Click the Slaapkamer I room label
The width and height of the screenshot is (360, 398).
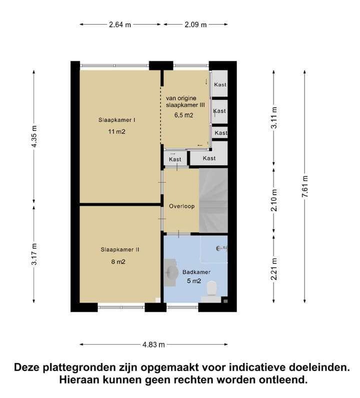click(x=118, y=120)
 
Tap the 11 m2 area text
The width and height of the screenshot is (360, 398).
click(x=116, y=132)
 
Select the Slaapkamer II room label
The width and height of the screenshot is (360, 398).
click(x=119, y=249)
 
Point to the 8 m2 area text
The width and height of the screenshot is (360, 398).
click(x=118, y=262)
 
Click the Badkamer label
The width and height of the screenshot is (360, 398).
click(x=196, y=272)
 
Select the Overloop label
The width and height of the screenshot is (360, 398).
click(x=181, y=206)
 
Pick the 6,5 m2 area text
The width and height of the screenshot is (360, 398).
click(x=183, y=115)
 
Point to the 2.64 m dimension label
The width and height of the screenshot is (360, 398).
click(x=119, y=24)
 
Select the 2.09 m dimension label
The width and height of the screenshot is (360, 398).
click(x=196, y=24)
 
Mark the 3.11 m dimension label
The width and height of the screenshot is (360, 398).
click(x=273, y=119)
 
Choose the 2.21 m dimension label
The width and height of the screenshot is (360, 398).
click(x=273, y=269)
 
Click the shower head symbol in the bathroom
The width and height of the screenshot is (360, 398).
click(x=220, y=248)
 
